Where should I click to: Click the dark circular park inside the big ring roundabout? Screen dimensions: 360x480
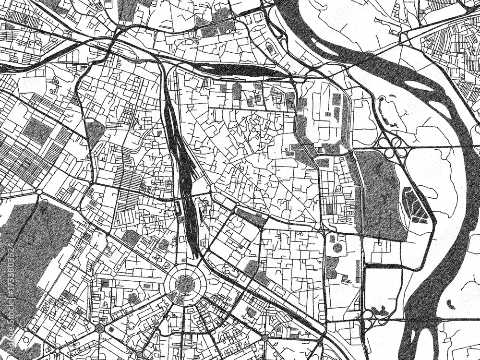185,284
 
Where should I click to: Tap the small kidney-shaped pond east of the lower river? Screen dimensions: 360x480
450,304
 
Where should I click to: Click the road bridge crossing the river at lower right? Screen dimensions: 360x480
422,319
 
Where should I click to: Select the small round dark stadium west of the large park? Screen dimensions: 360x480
337,248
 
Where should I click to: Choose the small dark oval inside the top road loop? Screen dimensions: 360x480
270,48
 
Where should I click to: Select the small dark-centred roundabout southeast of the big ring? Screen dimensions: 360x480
265,338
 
